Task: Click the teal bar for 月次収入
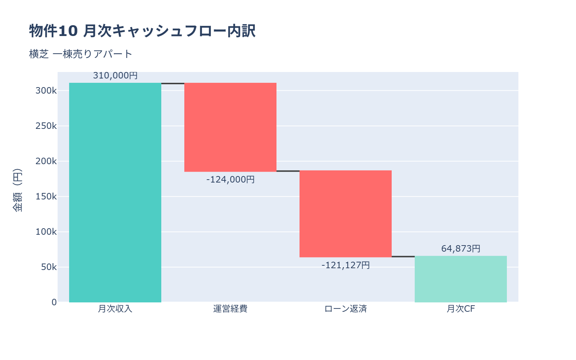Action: [115, 193]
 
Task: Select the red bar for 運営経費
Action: [230, 127]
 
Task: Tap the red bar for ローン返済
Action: [346, 214]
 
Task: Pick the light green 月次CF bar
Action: [461, 279]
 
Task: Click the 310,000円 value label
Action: [115, 76]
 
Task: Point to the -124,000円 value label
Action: [230, 179]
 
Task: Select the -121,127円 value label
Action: [346, 265]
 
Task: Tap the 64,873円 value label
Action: [461, 249]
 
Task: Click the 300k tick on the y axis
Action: [46, 91]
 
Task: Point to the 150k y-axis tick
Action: [46, 197]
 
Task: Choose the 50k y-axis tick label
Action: [49, 267]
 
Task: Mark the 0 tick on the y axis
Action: [54, 302]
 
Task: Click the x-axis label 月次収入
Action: [115, 309]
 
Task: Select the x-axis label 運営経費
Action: [230, 309]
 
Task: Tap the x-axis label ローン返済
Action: [346, 309]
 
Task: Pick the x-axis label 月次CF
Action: [461, 309]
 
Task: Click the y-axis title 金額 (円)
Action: [17, 190]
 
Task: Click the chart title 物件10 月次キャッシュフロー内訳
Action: [142, 31]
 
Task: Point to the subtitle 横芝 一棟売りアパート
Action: [81, 54]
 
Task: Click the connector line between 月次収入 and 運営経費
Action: [173, 84]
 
